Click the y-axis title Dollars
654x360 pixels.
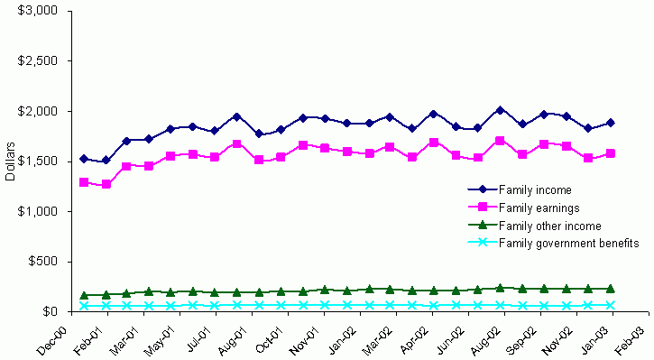click(x=10, y=161)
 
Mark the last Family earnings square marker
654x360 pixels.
click(x=611, y=153)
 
